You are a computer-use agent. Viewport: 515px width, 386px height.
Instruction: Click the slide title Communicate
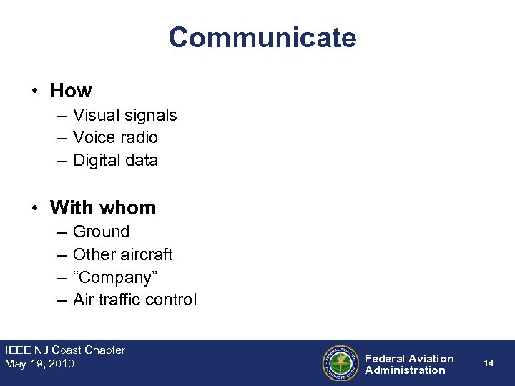tap(263, 37)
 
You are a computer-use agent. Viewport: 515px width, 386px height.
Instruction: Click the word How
tap(71, 91)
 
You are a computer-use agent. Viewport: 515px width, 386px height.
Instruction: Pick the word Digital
tap(95, 160)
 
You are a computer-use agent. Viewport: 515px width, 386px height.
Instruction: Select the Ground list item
tap(101, 232)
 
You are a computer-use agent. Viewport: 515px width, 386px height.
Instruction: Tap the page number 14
tap(489, 363)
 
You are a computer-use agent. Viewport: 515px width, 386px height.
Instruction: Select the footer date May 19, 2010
tap(39, 364)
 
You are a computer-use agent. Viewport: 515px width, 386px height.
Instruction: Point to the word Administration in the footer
tap(405, 370)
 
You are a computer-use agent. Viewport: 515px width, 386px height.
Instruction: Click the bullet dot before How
tap(34, 91)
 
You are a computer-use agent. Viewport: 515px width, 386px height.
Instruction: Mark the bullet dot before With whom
tap(34, 209)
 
